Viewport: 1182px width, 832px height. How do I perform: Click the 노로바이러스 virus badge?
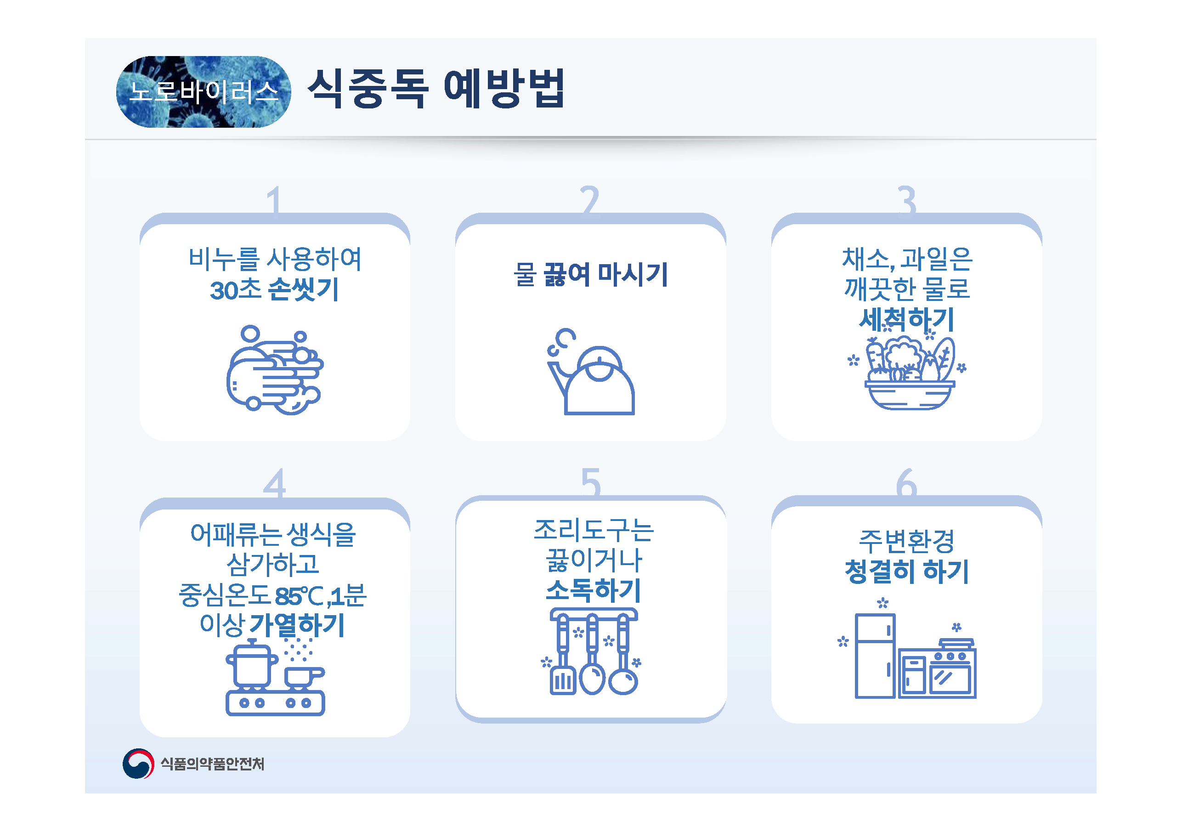coord(204,91)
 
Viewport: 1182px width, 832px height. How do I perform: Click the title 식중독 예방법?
coord(436,89)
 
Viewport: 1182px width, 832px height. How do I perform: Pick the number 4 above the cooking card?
coord(274,483)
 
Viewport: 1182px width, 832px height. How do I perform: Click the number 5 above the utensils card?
coord(591,483)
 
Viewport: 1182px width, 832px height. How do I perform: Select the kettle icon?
coord(591,371)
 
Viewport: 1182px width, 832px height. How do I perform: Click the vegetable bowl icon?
coord(907,371)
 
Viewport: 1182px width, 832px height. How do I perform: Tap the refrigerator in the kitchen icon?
coord(875,656)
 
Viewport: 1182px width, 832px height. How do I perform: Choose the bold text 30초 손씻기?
coord(274,289)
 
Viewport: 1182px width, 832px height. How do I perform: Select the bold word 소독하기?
coord(593,590)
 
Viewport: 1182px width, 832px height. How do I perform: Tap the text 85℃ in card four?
coord(300,597)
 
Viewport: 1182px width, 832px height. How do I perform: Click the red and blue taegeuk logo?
coord(138,764)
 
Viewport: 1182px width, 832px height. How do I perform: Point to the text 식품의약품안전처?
coord(213,764)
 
